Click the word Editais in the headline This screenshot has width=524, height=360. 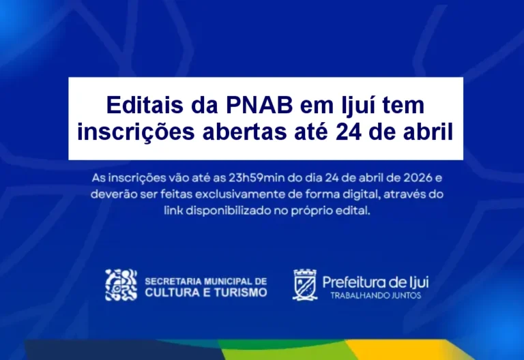[x=145, y=105]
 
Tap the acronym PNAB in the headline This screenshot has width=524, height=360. [x=259, y=105]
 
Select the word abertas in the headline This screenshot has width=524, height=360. [x=244, y=132]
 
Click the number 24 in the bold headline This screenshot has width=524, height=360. [x=349, y=132]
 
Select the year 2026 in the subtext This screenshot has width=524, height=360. [x=418, y=178]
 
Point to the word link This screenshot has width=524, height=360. [x=173, y=211]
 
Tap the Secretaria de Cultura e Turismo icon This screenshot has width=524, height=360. [x=121, y=285]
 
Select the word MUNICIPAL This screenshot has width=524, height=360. [x=224, y=281]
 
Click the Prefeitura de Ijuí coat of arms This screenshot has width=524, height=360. [x=305, y=285]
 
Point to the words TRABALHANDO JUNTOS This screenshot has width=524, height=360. [x=376, y=295]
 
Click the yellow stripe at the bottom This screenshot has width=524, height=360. [x=401, y=350]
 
